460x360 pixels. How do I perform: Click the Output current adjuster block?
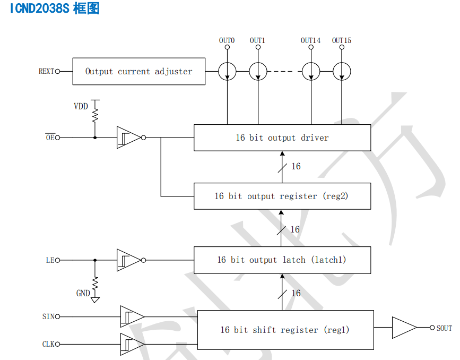tap(139, 71)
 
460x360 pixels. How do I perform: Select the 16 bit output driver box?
tap(282, 138)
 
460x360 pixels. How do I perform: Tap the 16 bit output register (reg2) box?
tap(282, 196)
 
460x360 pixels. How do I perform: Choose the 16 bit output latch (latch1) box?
tap(282, 260)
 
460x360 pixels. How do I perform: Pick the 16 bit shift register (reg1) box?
tap(285, 330)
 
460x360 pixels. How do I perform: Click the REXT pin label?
tap(46, 71)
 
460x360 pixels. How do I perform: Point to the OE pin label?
tap(49, 138)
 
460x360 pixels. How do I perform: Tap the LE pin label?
tap(50, 260)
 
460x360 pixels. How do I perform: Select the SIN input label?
tap(48, 317)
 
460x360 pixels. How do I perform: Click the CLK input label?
tap(48, 345)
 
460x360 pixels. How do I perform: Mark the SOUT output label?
tap(444, 328)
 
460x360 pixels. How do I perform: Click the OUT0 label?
tap(227, 40)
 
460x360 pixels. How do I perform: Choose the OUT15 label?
tap(342, 40)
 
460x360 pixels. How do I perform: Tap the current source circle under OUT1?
tap(258, 71)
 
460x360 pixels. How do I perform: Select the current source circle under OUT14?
tap(310, 71)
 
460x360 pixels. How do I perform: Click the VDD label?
tap(81, 106)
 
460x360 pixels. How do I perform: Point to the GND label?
tap(83, 293)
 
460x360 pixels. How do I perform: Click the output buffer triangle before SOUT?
tap(403, 328)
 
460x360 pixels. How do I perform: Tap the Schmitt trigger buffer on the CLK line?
tap(131, 344)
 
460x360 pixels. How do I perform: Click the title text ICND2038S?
tap(40, 8)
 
